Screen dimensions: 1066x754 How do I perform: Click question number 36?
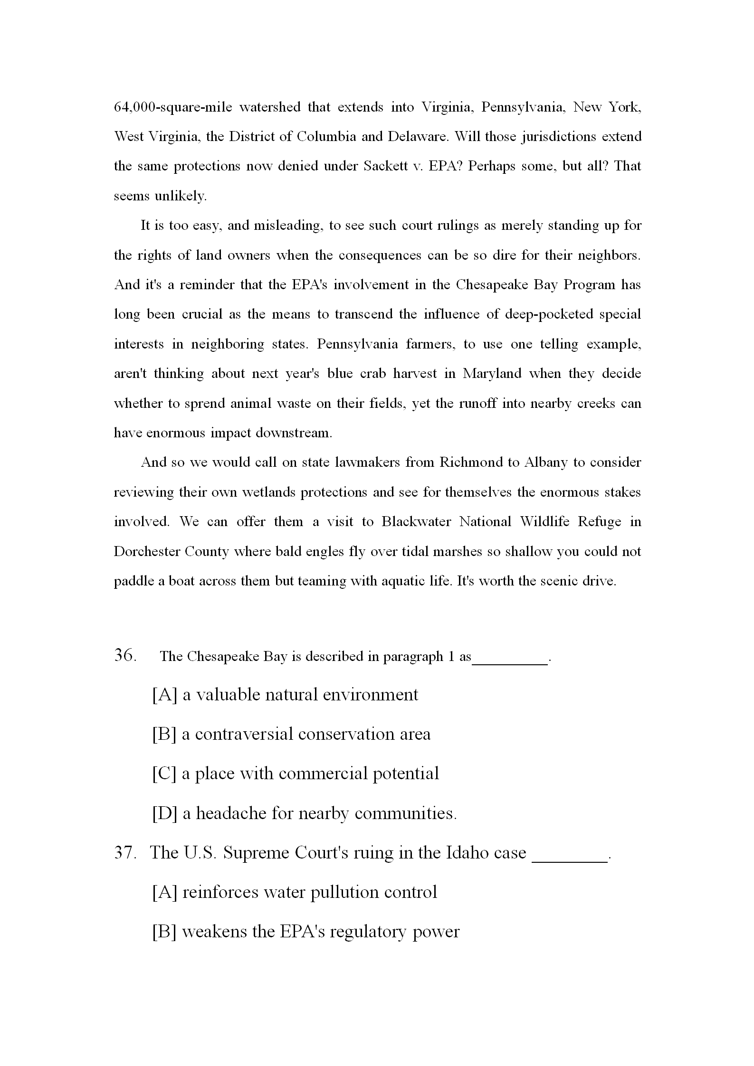tap(126, 656)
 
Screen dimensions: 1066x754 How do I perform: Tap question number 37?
tap(126, 853)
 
